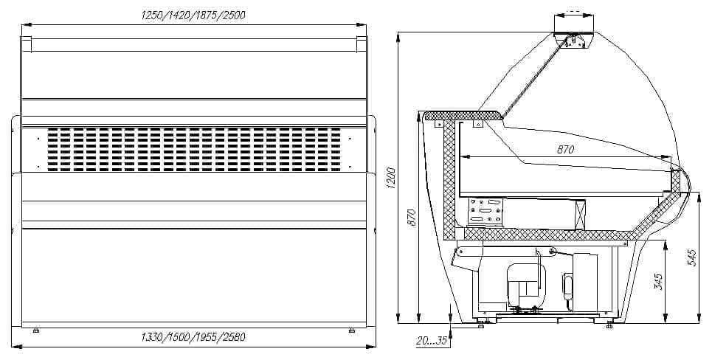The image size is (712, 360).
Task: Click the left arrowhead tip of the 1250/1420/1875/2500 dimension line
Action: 21,25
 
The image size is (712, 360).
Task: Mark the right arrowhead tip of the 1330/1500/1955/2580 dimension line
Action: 376,347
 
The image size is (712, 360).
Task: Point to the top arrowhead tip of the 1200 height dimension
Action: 398,32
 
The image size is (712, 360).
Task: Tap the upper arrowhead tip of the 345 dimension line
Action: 665,241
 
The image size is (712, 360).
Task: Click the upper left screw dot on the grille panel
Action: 38,137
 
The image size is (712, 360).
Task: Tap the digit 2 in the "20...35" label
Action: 419,341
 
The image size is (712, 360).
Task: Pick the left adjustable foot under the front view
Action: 36,330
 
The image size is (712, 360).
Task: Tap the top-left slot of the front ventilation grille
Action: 53,131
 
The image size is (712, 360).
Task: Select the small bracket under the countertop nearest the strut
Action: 478,123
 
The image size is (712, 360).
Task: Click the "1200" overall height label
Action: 392,178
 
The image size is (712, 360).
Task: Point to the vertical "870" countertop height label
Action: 412,218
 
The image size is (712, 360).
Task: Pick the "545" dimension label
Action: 692,257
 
